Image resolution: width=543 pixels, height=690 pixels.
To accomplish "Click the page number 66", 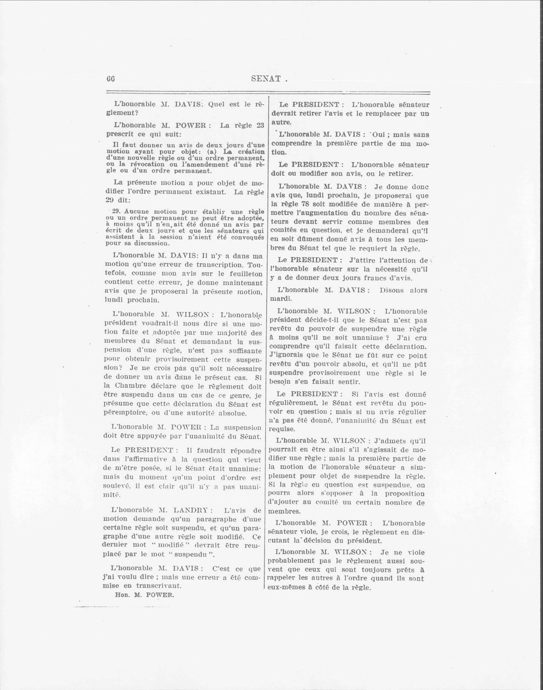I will click(110, 79).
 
